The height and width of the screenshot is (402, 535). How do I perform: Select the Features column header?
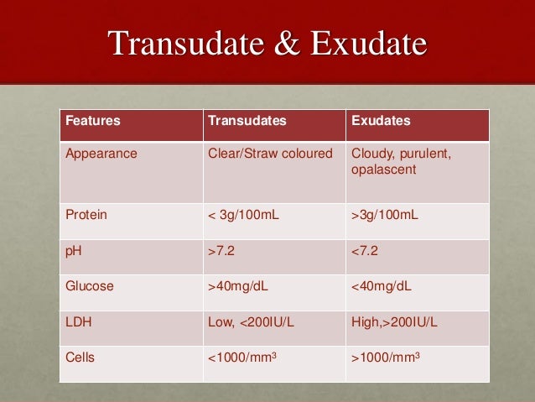pos(92,121)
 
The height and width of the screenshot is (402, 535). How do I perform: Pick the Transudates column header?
pos(247,121)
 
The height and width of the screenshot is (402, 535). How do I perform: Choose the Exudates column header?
pos(381,121)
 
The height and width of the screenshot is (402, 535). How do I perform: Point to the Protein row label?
pos(86,215)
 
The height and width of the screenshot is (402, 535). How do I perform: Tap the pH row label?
pos(75,250)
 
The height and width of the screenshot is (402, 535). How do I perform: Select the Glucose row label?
pos(90,286)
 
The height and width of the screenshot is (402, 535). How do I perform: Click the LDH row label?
pos(79,321)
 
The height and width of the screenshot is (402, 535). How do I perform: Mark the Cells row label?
pos(81,358)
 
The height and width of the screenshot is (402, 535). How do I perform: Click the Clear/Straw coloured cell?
pos(270,154)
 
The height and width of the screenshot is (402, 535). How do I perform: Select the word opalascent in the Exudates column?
pos(382,170)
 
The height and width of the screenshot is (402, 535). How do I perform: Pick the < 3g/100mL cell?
pos(243,215)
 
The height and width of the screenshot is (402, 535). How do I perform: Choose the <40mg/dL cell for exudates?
pos(382,286)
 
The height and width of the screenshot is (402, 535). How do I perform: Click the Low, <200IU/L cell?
pos(250,321)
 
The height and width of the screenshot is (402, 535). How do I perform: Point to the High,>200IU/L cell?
pos(394,321)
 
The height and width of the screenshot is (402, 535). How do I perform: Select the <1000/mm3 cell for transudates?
pos(243,358)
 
